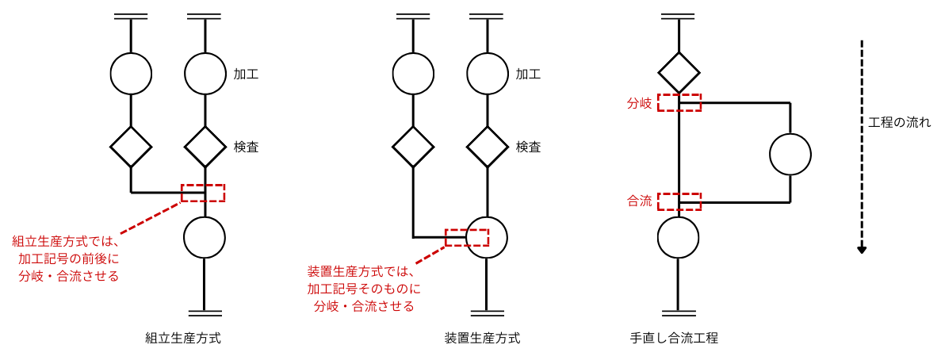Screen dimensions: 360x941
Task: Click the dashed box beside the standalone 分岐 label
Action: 679,103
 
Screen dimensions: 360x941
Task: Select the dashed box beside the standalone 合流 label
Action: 679,201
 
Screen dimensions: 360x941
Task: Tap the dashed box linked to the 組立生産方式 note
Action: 203,193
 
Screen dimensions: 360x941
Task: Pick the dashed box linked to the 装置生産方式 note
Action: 467,238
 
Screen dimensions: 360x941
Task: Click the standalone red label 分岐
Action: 639,103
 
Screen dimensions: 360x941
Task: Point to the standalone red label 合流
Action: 639,201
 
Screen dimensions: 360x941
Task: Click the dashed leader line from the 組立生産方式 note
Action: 151,218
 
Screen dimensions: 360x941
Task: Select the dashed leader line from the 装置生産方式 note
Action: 430,255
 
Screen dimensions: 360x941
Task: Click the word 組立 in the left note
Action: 24,241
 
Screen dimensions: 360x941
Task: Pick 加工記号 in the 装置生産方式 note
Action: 332,289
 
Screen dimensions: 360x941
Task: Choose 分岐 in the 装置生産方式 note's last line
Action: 326,307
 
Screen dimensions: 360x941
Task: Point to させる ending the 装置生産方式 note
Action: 396,307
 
